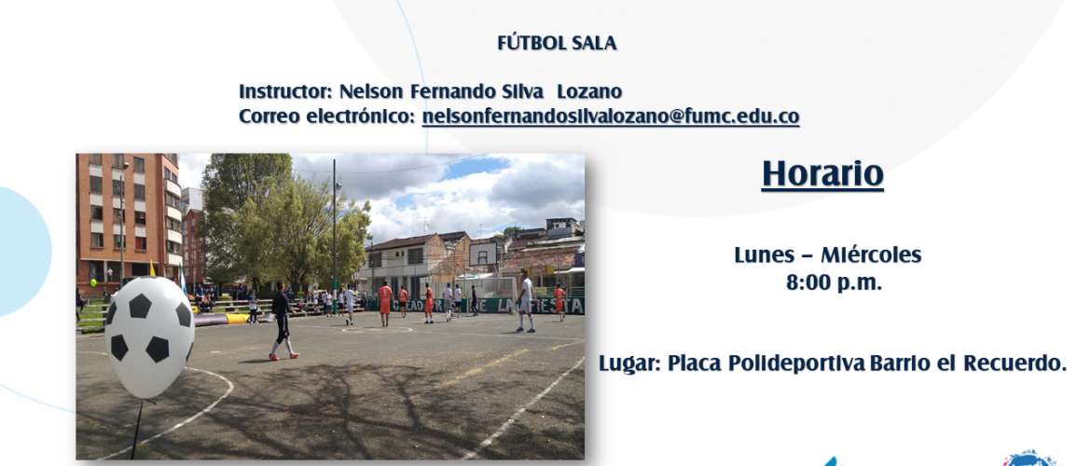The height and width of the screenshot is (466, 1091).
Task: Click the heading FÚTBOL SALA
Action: coord(557,43)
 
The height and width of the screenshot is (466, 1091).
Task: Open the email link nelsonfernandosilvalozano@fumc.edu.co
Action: coord(610,116)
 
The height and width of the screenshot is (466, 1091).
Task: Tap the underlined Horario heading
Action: coord(822,174)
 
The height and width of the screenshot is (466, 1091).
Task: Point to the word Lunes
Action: coord(764,255)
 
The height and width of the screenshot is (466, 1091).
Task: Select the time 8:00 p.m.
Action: coord(834,283)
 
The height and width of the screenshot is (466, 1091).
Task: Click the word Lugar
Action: coord(629,363)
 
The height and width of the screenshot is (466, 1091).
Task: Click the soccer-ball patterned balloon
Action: coord(149,336)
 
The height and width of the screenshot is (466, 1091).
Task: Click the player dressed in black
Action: coord(282,320)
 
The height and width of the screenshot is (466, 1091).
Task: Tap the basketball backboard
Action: coord(484,254)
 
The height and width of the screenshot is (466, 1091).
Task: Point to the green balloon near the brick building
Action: coord(93,283)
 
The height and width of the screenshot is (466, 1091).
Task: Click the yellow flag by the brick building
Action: coord(152,269)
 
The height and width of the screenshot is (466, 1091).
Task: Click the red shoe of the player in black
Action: coord(294,355)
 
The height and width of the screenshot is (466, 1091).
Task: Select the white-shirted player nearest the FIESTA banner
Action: coord(525,303)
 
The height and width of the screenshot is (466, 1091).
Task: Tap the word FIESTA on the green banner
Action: coord(560,306)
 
